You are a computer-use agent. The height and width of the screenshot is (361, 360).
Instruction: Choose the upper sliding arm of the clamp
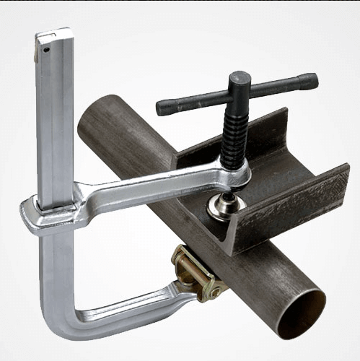pos(144,191)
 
